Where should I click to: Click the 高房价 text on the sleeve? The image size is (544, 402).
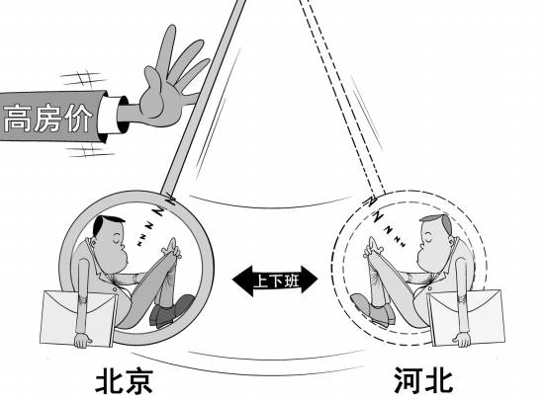pyautogui.click(x=47, y=118)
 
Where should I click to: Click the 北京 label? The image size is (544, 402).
pyautogui.click(x=124, y=381)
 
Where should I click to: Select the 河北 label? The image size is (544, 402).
pyautogui.click(x=423, y=380)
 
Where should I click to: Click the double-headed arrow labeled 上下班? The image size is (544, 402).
pyautogui.click(x=275, y=280)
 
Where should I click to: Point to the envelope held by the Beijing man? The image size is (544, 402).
pyautogui.click(x=77, y=318)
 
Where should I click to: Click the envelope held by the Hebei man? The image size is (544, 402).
pyautogui.click(x=466, y=318)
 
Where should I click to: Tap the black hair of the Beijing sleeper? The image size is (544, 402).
pyautogui.click(x=104, y=223)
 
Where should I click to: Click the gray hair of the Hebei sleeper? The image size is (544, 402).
pyautogui.click(x=440, y=222)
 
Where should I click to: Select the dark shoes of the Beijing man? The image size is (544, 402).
pyautogui.click(x=171, y=311)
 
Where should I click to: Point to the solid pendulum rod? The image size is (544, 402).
pyautogui.click(x=204, y=97)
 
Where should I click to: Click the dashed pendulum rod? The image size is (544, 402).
pyautogui.click(x=343, y=97)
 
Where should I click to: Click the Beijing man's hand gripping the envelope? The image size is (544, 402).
pyautogui.click(x=82, y=340)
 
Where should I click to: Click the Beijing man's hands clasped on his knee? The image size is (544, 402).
pyautogui.click(x=172, y=248)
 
